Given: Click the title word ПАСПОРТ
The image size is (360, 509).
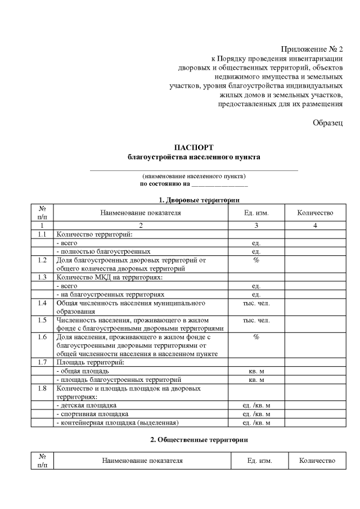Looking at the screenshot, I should (x=195, y=147).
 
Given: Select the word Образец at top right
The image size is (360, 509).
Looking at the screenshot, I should (x=327, y=123).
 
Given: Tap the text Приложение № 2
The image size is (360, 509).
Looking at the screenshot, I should (x=312, y=49).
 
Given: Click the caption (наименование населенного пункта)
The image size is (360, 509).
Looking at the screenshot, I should (x=194, y=176).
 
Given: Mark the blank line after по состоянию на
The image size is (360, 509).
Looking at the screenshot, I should (x=219, y=184).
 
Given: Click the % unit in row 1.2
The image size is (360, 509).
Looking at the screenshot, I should (x=256, y=260).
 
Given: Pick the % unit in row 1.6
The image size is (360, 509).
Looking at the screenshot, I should (x=256, y=337).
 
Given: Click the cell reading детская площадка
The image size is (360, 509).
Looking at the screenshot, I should (x=87, y=405).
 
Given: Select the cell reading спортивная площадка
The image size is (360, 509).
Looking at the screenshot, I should (x=90, y=414).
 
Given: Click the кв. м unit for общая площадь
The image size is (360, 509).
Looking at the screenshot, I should (x=256, y=371).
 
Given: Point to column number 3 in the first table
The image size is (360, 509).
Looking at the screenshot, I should (x=256, y=226).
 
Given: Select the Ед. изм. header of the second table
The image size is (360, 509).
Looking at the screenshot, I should (x=259, y=461).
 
